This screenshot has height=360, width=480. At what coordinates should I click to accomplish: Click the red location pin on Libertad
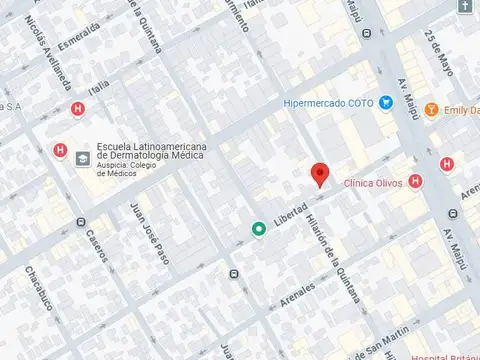pyautogui.click(x=320, y=173)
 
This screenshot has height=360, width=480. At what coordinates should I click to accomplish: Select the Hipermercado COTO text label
pyautogui.click(x=328, y=103)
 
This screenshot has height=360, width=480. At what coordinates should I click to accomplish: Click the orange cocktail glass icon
pyautogui.click(x=431, y=109)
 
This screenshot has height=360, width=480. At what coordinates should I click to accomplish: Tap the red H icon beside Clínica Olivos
pyautogui.click(x=416, y=181)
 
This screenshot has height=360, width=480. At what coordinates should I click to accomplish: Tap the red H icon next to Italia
pyautogui.click(x=78, y=109)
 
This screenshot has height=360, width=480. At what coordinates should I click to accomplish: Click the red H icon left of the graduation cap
pyautogui.click(x=59, y=151)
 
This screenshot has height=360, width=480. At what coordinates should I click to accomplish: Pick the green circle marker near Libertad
pyautogui.click(x=258, y=229)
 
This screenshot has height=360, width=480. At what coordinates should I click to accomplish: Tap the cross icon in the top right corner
pyautogui.click(x=466, y=6)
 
